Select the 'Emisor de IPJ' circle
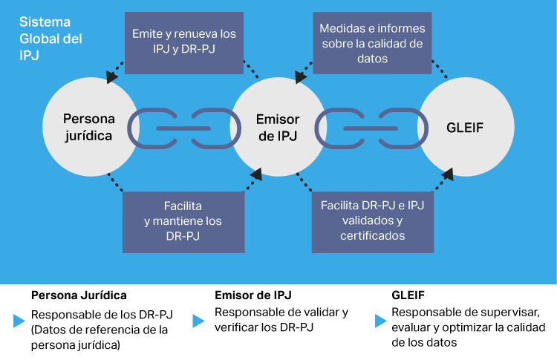pyautogui.click(x=278, y=128)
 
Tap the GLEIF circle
pyautogui.click(x=466, y=128)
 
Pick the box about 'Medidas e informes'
pyautogui.click(x=371, y=43)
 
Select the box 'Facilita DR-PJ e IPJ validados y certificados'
pyautogui.click(x=372, y=221)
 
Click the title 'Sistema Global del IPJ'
pyautogui.click(x=51, y=39)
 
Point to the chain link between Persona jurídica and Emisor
pyautogui.click(x=183, y=128)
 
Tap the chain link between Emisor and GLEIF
pyautogui.click(x=371, y=128)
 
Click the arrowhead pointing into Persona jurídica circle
pyautogui.click(x=111, y=76)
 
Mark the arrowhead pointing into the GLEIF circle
pyautogui.click(x=449, y=175)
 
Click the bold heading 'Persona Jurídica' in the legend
pyautogui.click(x=79, y=295)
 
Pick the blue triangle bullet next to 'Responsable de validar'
pyautogui.click(x=198, y=321)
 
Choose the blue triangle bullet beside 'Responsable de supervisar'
pyautogui.click(x=380, y=321)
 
